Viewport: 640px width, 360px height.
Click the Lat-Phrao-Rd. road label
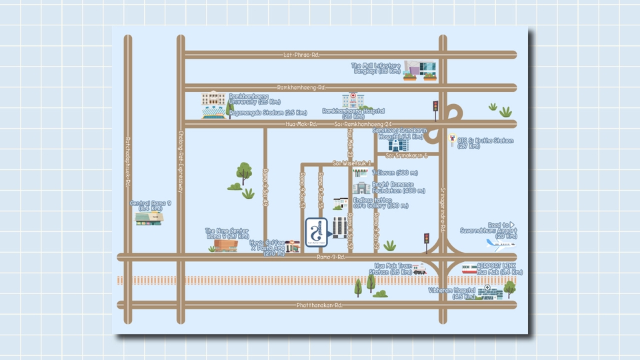(x=301, y=55)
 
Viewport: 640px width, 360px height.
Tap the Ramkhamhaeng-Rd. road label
(x=301, y=87)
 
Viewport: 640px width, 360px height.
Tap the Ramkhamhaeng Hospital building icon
(x=351, y=101)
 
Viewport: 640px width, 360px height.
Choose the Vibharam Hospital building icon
(x=490, y=291)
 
